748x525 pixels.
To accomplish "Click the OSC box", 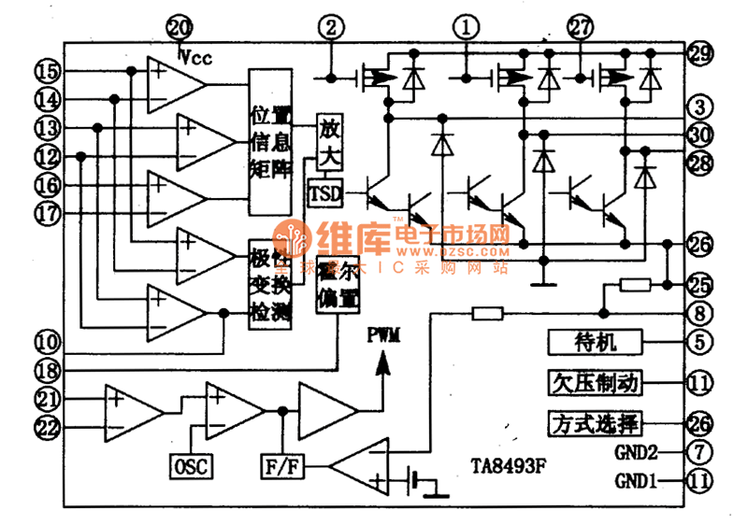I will (192, 464).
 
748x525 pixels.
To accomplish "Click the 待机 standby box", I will (595, 342).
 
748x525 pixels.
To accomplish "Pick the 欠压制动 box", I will (595, 382).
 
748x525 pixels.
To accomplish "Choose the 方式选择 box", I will (595, 423).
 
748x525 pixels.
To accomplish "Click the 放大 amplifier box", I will (331, 140).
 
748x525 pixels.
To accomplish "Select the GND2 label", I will (637, 453).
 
